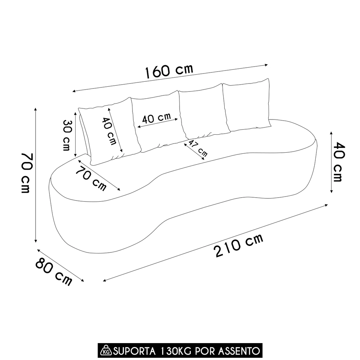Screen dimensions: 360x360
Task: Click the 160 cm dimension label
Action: (x=169, y=71)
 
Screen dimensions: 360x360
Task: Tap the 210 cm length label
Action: (x=239, y=245)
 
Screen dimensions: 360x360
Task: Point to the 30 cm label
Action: (x=67, y=135)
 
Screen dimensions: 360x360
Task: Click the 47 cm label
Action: (x=198, y=148)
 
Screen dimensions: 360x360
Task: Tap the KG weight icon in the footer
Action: (x=106, y=350)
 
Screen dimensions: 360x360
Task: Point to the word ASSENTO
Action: (x=240, y=350)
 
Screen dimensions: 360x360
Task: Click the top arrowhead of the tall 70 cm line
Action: (x=36, y=109)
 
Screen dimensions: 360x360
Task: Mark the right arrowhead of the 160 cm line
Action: (x=267, y=65)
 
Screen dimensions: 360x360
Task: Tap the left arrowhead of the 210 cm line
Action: (x=104, y=280)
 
